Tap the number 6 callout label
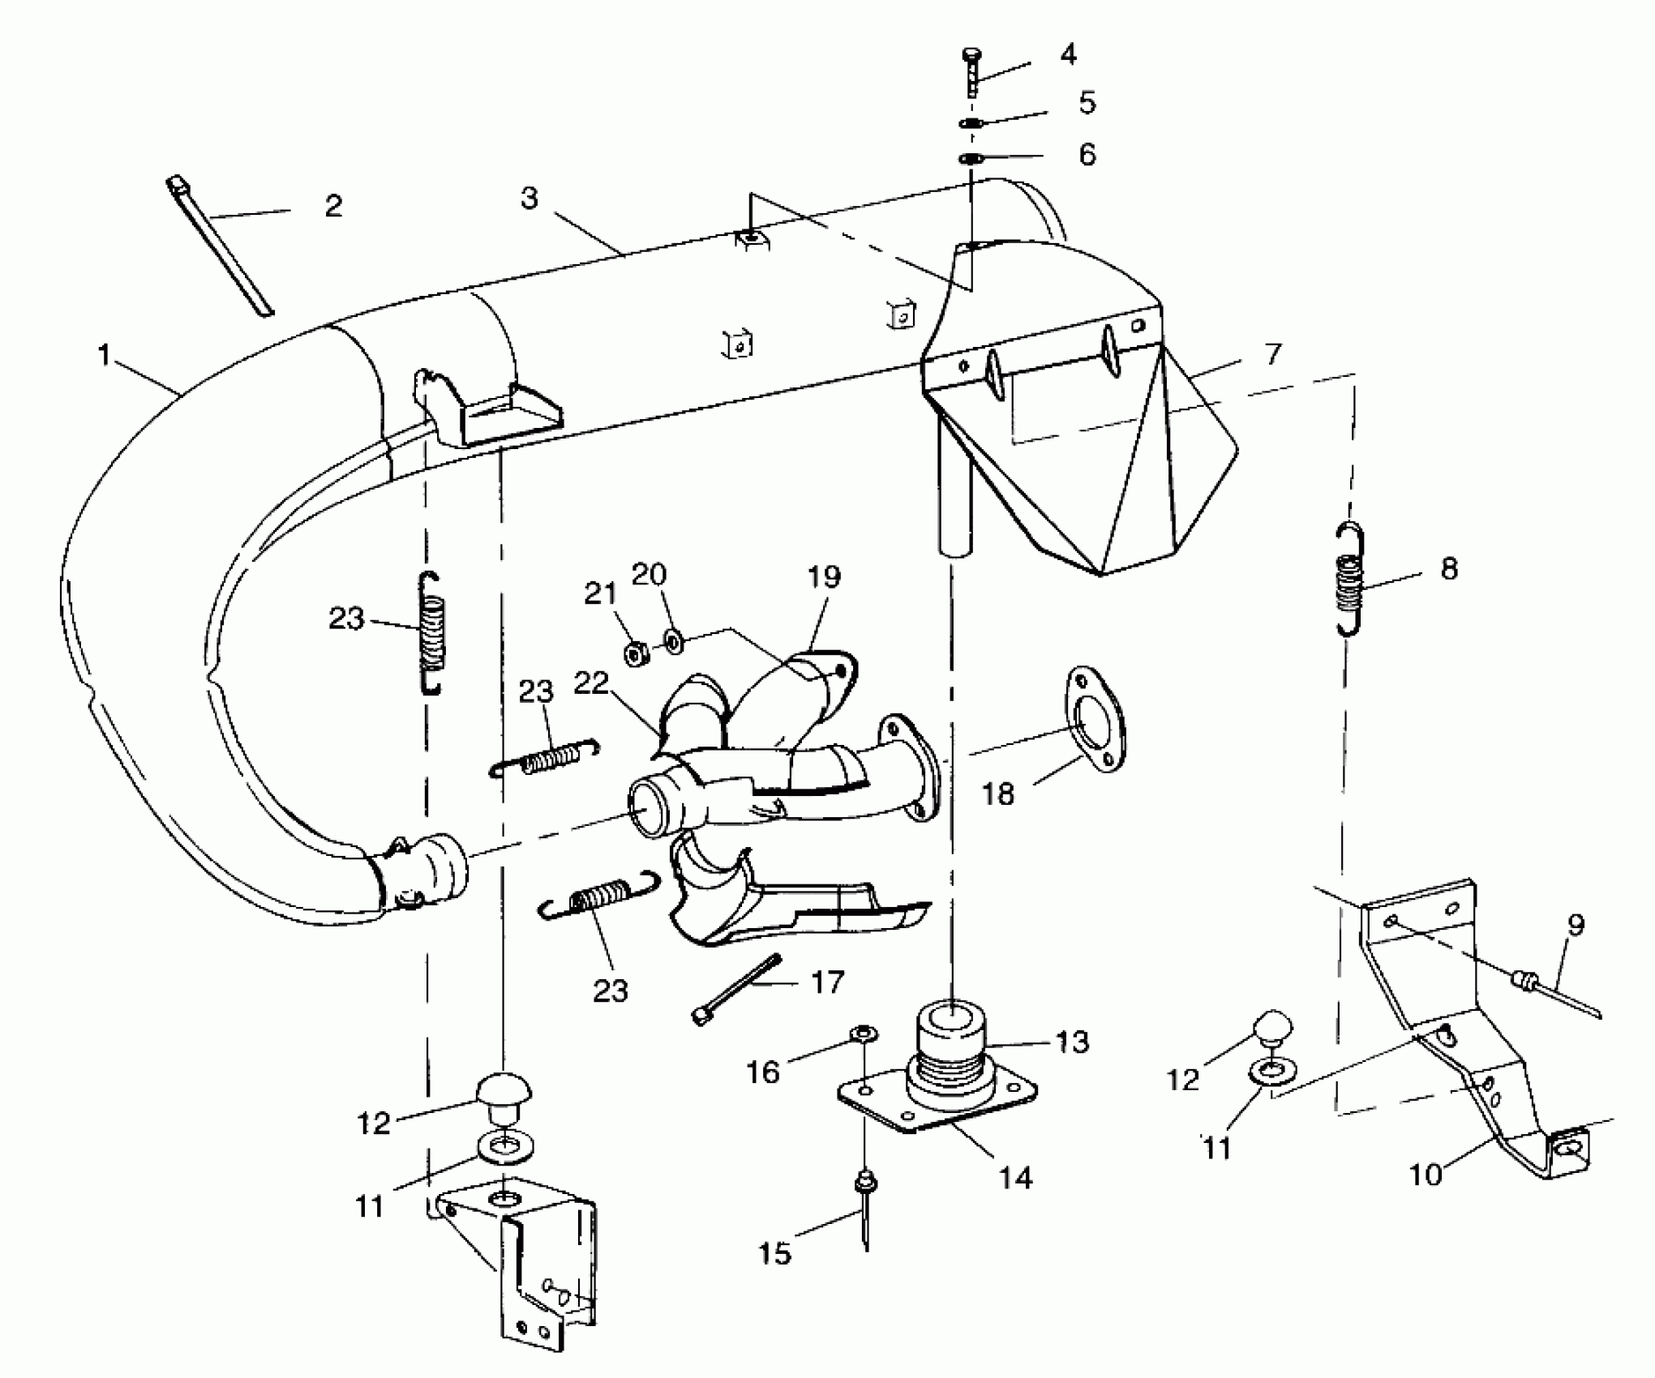[1087, 154]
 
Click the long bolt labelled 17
[735, 990]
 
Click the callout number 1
[104, 355]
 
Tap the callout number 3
[530, 198]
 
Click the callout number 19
[824, 577]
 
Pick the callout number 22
[590, 683]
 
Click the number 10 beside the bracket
[1426, 1174]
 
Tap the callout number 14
[1015, 1177]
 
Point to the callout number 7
[1273, 354]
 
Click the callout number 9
[1576, 925]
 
